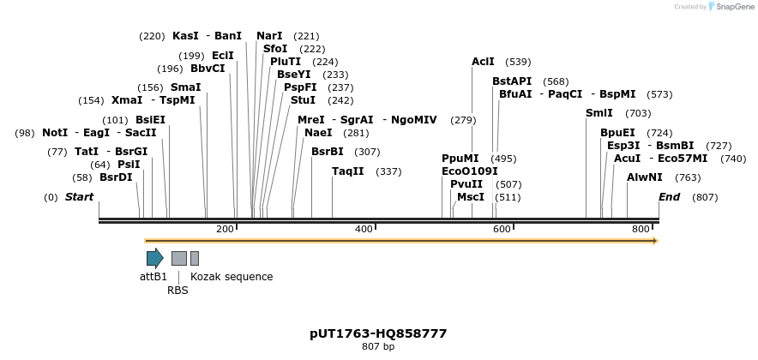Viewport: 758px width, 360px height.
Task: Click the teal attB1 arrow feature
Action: [x=154, y=258]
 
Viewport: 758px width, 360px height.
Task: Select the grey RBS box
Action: [x=178, y=258]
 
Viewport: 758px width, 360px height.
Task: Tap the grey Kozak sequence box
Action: [x=195, y=258]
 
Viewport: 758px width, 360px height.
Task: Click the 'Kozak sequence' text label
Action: [x=232, y=277]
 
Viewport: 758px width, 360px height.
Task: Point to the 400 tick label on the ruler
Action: [x=363, y=229]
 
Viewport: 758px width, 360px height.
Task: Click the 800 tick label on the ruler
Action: [x=641, y=229]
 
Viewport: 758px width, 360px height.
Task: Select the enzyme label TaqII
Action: [x=348, y=171]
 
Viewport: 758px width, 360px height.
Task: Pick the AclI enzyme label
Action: [x=483, y=62]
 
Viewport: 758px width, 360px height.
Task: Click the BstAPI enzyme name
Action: [x=512, y=81]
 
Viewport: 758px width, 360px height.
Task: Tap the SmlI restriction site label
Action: [x=599, y=113]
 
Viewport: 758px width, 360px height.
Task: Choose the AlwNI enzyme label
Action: [x=645, y=177]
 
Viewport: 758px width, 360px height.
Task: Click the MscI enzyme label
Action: [x=471, y=197]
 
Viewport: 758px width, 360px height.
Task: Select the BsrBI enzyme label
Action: [x=328, y=152]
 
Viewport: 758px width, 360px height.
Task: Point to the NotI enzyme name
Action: [x=54, y=133]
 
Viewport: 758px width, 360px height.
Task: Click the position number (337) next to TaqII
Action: [x=388, y=171]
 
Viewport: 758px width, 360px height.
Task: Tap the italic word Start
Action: [x=79, y=197]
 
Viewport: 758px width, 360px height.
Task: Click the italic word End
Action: [x=669, y=197]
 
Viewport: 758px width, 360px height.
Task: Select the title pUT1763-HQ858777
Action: [x=378, y=333]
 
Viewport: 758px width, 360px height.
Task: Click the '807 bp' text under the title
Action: [x=378, y=347]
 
